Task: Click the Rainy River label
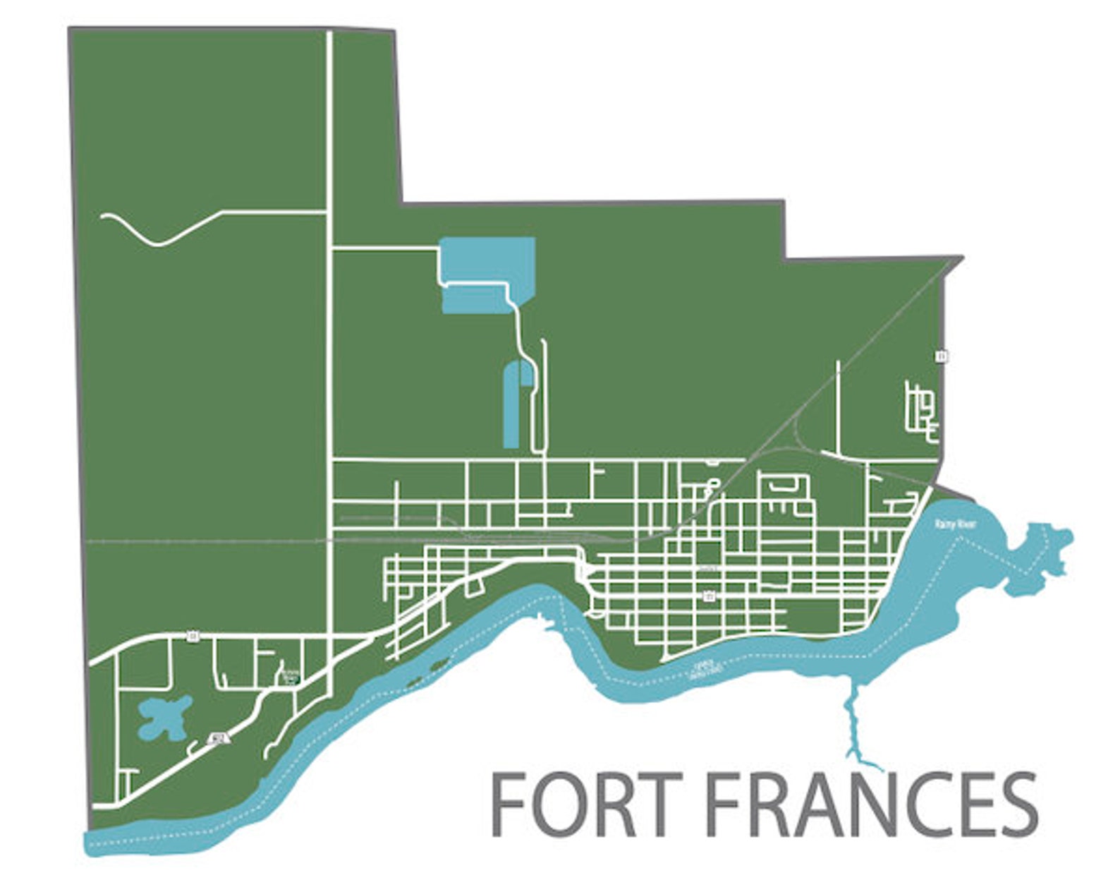coord(949,524)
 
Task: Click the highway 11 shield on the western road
coord(193,637)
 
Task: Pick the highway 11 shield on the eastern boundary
coord(941,356)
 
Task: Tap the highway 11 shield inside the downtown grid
coord(709,597)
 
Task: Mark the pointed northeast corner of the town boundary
coord(961,258)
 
